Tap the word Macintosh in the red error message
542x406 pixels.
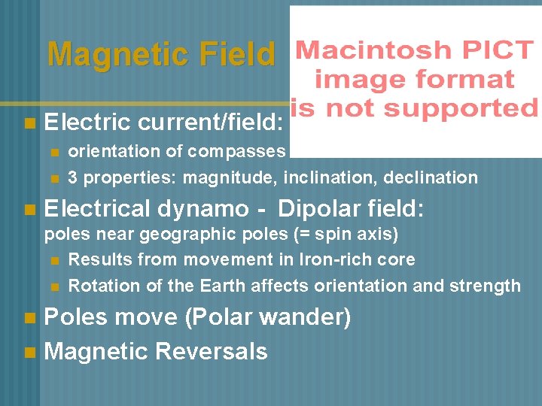(x=370, y=51)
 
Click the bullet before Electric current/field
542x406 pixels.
(x=29, y=122)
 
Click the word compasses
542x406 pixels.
(x=236, y=152)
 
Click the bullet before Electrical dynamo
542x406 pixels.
(x=29, y=208)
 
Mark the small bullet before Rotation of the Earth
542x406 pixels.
(x=54, y=286)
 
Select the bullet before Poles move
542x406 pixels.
(x=29, y=318)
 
